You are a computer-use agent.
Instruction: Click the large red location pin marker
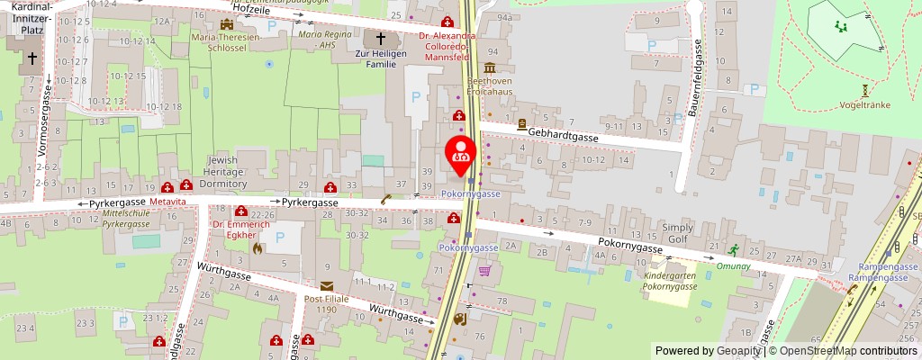(462, 150)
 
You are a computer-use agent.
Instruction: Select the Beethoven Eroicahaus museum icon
(490, 67)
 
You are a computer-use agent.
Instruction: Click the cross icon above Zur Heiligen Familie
(381, 39)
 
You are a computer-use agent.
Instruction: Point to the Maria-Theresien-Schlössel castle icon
(226, 24)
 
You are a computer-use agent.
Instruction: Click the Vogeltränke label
(864, 103)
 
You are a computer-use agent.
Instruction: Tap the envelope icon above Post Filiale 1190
(325, 285)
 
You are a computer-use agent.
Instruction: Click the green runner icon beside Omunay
(735, 250)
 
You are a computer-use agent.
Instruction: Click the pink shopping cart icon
(484, 270)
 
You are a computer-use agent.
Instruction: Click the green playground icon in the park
(841, 28)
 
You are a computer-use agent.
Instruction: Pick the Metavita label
(168, 202)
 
